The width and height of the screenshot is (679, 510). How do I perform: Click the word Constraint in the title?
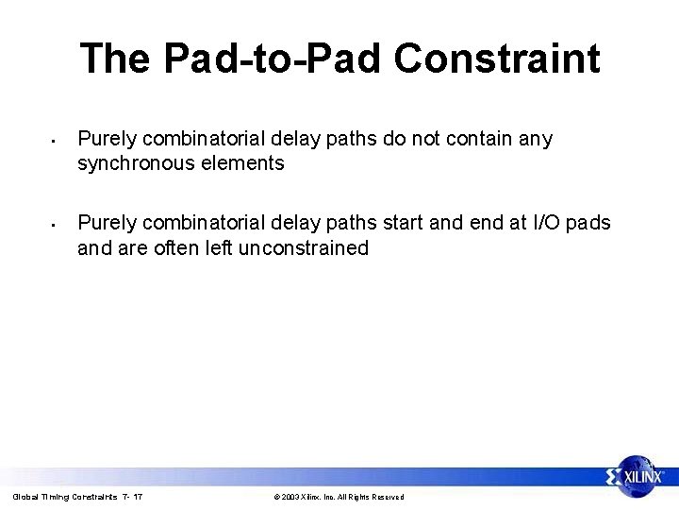[496, 59]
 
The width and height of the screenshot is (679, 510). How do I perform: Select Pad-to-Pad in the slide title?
[273, 59]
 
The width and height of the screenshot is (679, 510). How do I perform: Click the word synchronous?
[138, 163]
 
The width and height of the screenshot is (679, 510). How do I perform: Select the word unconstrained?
[303, 248]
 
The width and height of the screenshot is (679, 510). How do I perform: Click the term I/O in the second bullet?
[547, 223]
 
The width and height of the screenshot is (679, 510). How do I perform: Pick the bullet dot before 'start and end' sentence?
[56, 226]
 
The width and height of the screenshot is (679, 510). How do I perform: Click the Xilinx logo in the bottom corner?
[637, 476]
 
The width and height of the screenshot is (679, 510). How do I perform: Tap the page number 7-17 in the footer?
[132, 497]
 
